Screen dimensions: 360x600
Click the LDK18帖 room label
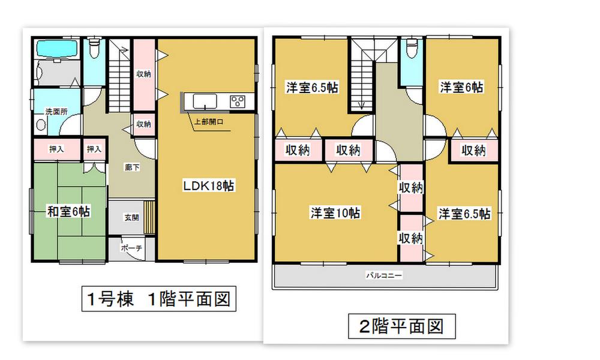pos(208,187)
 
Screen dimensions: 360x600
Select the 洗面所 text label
pos(41,112)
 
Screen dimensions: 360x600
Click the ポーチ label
pos(131,247)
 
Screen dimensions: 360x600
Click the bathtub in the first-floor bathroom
pos(56,49)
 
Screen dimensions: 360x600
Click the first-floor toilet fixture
pos(94,49)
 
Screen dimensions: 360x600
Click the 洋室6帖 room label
pos(461,88)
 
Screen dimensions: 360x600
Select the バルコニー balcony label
pos(385,276)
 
